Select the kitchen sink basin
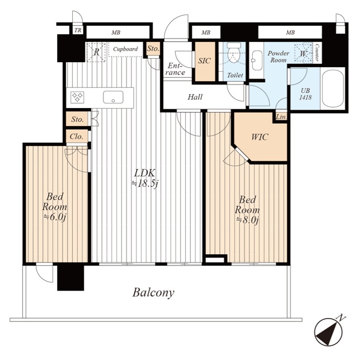(x=113, y=97)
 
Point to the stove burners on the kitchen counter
(x=77, y=97)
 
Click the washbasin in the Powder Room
(x=257, y=60)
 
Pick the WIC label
(x=260, y=137)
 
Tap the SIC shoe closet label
(x=204, y=60)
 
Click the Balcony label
(x=153, y=293)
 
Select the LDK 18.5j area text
(x=145, y=178)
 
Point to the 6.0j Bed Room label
(x=55, y=207)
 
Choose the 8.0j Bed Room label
(x=247, y=210)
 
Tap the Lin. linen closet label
(x=281, y=117)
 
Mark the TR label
(x=78, y=30)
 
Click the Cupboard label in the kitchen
(x=125, y=49)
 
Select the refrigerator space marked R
(x=96, y=52)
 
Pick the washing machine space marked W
(x=303, y=53)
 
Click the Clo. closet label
(x=77, y=137)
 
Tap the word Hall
(x=195, y=97)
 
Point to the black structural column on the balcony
(x=70, y=278)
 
